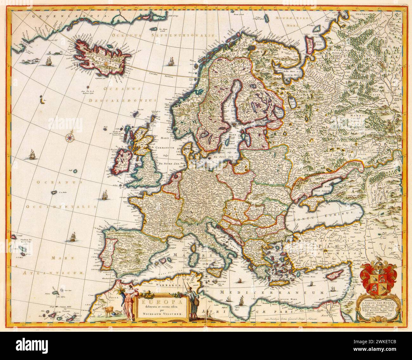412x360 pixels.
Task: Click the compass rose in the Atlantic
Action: tap(69, 137)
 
